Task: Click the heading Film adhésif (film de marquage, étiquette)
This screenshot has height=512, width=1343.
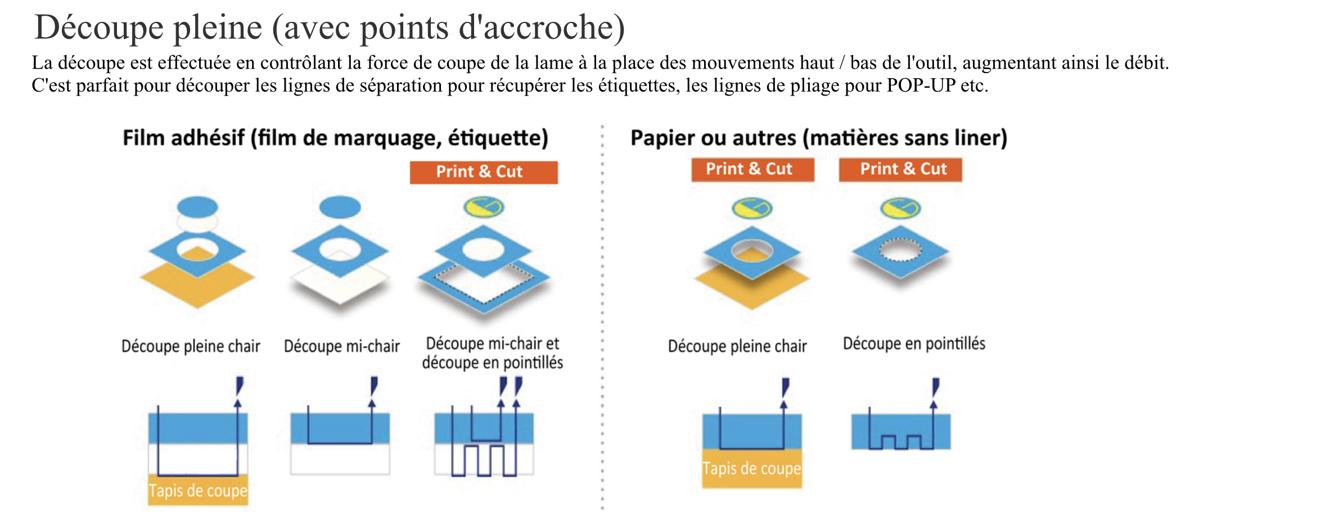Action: click(x=335, y=138)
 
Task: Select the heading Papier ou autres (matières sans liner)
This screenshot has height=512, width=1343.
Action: click(x=819, y=138)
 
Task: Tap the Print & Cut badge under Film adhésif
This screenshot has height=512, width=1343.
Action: click(x=484, y=172)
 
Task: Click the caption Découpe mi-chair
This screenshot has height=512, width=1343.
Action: click(x=342, y=346)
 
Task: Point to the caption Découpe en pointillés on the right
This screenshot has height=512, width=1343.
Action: click(x=914, y=343)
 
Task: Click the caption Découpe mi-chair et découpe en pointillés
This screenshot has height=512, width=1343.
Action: click(x=493, y=353)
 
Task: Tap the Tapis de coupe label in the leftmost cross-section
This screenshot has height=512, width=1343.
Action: click(x=198, y=491)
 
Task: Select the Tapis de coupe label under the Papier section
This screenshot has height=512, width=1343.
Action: click(x=752, y=468)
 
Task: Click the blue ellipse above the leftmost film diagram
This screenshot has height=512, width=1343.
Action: click(x=197, y=207)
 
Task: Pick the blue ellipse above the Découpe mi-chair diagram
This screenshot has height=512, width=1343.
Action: click(x=340, y=207)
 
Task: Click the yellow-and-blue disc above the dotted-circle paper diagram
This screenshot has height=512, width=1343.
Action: click(x=900, y=209)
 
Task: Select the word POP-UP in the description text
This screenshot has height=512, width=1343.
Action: click(x=921, y=85)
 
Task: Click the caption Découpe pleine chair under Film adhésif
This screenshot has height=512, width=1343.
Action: click(x=191, y=346)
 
